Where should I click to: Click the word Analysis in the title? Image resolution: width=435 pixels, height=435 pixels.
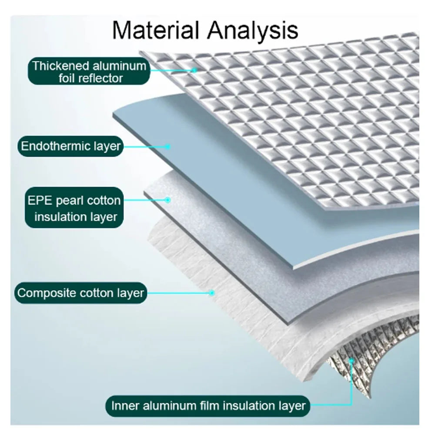(253, 31)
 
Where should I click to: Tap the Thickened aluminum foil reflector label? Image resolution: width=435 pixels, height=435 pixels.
(89, 71)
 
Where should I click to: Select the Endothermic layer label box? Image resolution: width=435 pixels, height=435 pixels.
(70, 146)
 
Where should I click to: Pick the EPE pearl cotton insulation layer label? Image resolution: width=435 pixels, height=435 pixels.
(74, 207)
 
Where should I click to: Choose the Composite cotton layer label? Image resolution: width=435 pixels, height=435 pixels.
(80, 293)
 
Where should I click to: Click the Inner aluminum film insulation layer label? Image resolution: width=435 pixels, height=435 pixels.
(208, 406)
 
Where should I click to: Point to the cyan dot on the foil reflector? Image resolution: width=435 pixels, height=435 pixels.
(194, 70)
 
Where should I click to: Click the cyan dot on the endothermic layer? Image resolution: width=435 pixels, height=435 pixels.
(167, 147)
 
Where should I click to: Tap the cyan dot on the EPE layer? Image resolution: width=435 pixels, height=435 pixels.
(167, 200)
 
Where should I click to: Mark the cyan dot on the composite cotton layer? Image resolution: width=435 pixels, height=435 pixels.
(212, 293)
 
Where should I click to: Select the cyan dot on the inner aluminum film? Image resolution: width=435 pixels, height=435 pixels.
(351, 361)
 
